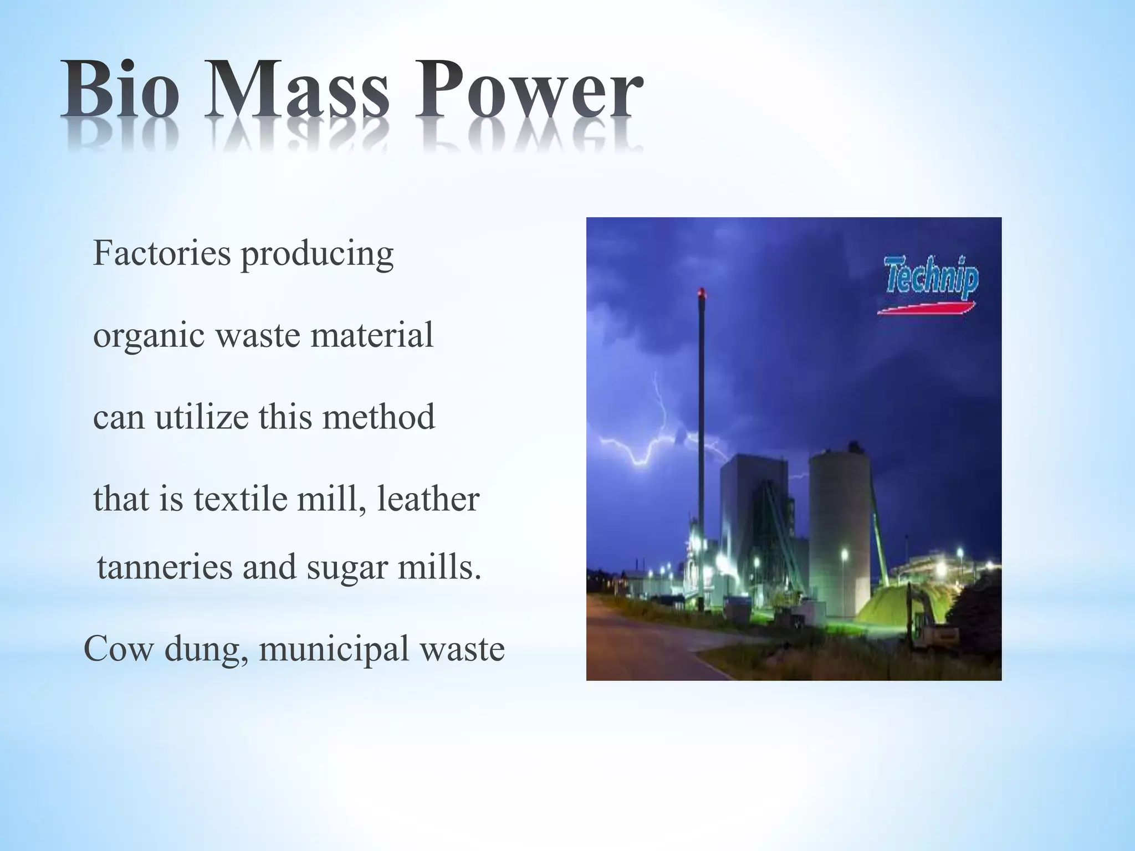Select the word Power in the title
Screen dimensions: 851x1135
click(529, 90)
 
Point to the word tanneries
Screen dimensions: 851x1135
click(165, 567)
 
